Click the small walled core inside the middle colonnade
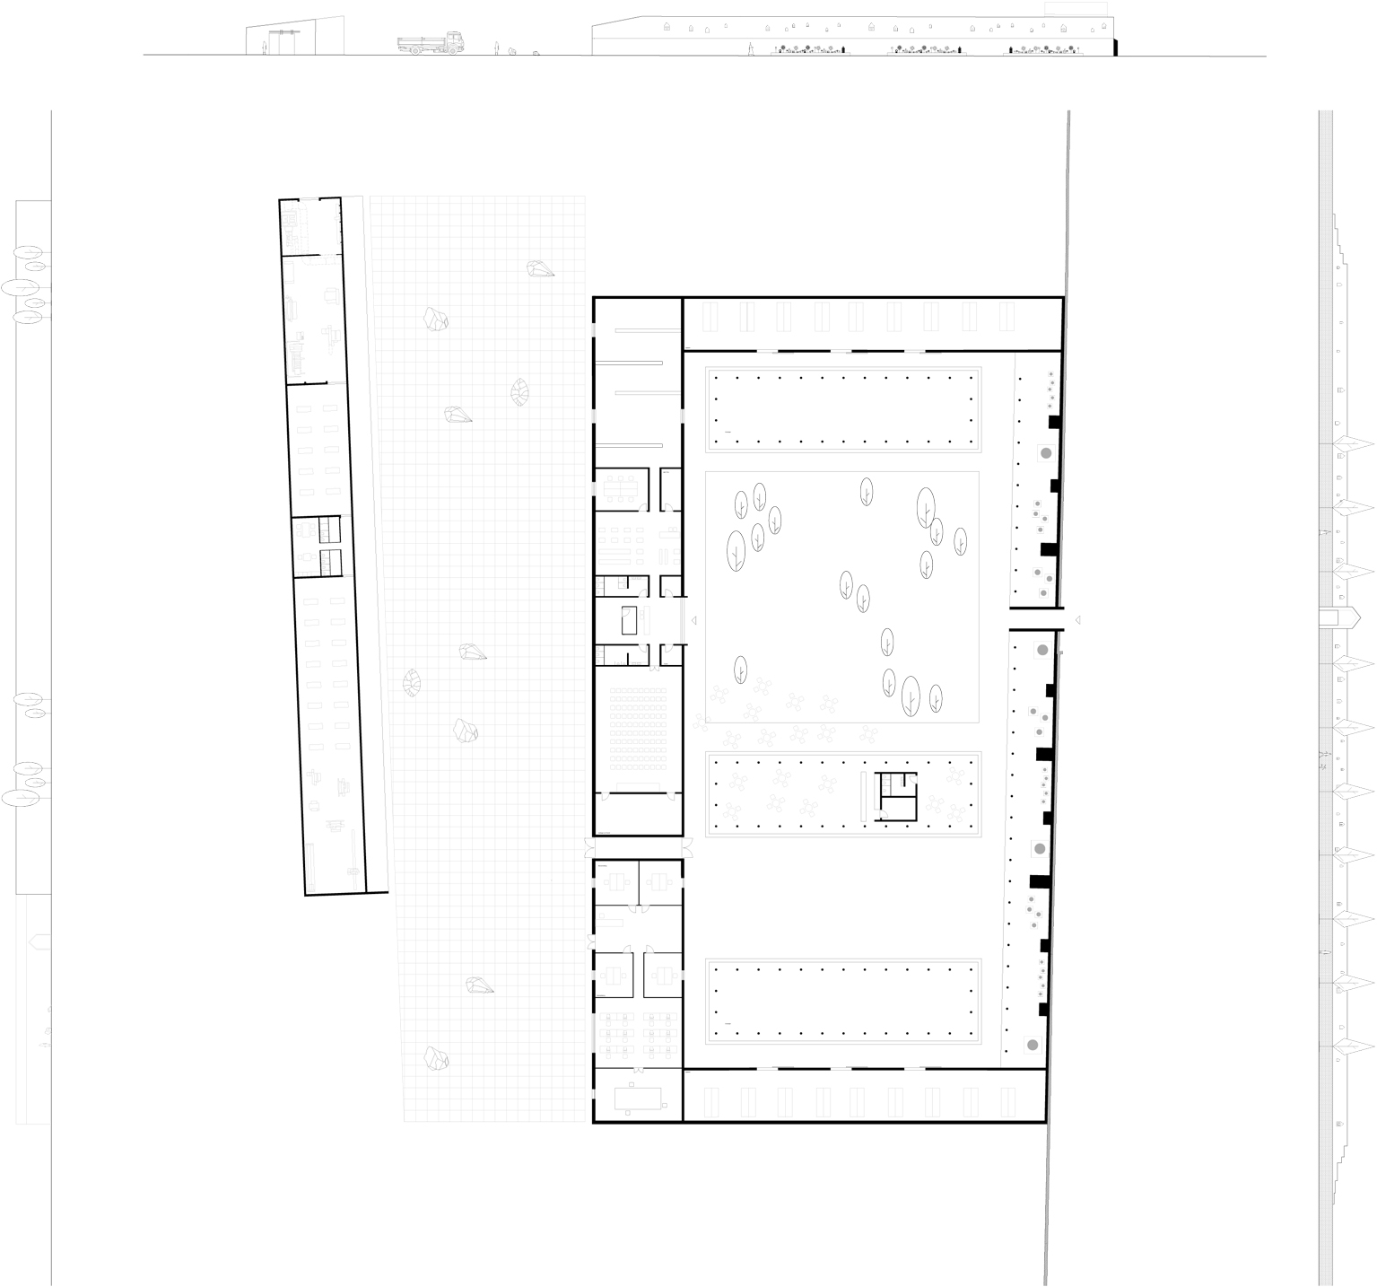897,795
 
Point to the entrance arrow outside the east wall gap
1078,619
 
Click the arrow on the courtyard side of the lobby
693,619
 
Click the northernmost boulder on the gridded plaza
540,268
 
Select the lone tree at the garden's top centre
867,491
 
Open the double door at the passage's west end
588,846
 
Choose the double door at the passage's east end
688,846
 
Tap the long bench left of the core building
865,794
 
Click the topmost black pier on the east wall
1055,421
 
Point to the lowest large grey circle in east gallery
1033,1044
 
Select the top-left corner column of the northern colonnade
716,378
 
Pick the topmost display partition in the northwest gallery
638,331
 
